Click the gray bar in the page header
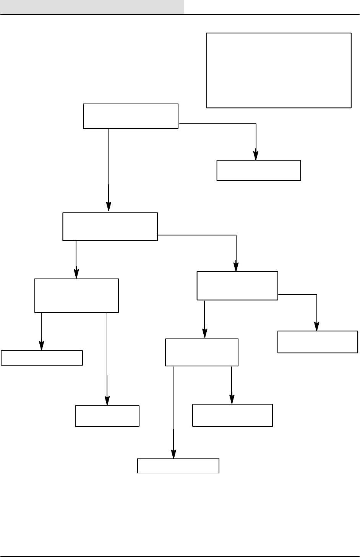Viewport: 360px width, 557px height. pyautogui.click(x=92, y=6)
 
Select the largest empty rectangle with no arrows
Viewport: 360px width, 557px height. pyautogui.click(x=279, y=70)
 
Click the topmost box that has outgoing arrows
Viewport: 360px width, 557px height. pyautogui.click(x=131, y=116)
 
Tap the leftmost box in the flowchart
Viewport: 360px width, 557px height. pyautogui.click(x=42, y=358)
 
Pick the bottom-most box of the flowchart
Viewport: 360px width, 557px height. pyautogui.click(x=178, y=466)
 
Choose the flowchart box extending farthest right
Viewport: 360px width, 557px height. pyautogui.click(x=318, y=342)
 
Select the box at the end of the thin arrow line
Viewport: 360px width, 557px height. pyautogui.click(x=107, y=416)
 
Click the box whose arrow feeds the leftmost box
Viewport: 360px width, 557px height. pyautogui.click(x=76, y=296)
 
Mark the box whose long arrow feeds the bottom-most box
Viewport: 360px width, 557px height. pyautogui.click(x=202, y=352)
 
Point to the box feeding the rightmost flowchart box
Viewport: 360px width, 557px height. pyautogui.click(x=237, y=286)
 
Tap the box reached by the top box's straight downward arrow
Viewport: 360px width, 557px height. pyautogui.click(x=110, y=227)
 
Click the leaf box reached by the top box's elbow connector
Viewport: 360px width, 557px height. pyautogui.click(x=259, y=170)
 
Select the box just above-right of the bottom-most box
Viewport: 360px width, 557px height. pyautogui.click(x=232, y=415)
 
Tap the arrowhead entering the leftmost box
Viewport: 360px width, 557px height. pyautogui.click(x=41, y=346)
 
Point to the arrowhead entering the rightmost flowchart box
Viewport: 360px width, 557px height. pyautogui.click(x=316, y=327)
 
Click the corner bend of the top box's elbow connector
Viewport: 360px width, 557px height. pyautogui.click(x=256, y=124)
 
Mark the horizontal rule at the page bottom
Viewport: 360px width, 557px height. pyautogui.click(x=180, y=556)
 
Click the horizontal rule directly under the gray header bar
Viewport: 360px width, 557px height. pyautogui.click(x=180, y=15)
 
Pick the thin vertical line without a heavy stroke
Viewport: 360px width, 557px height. pyautogui.click(x=107, y=344)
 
